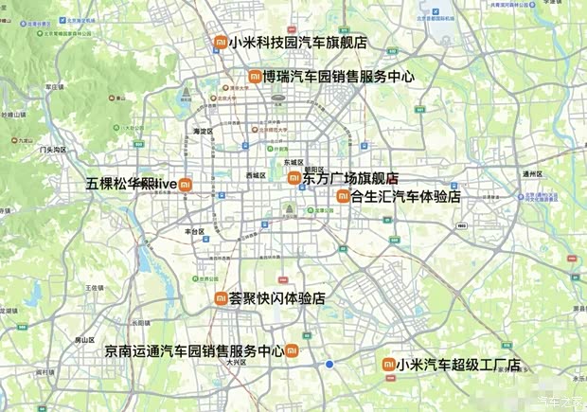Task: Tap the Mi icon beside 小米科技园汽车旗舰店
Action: coord(220,43)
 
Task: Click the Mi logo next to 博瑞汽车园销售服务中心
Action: coord(255,77)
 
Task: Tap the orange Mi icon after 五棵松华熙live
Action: coord(187,184)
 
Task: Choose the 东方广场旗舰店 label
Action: coord(349,178)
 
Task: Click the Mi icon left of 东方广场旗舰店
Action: coord(293,178)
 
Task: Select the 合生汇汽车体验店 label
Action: coord(405,197)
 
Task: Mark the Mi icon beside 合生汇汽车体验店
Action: coord(343,197)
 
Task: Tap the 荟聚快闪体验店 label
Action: coord(276,298)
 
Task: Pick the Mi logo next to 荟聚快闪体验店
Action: coord(221,298)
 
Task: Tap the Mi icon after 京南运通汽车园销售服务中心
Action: coord(292,351)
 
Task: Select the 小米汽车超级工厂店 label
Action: coord(458,365)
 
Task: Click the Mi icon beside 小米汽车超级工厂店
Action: coord(388,365)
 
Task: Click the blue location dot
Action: coord(329,365)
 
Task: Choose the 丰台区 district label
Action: coord(195,230)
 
